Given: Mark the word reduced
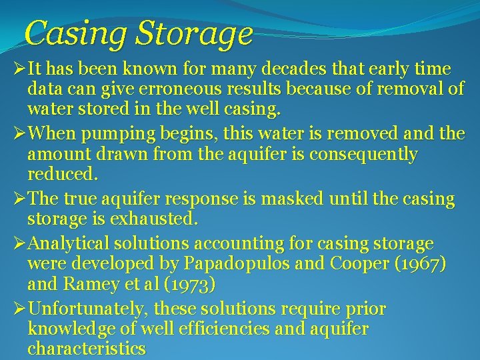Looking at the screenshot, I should pos(63,174).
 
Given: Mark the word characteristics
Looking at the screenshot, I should pos(87,348).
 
